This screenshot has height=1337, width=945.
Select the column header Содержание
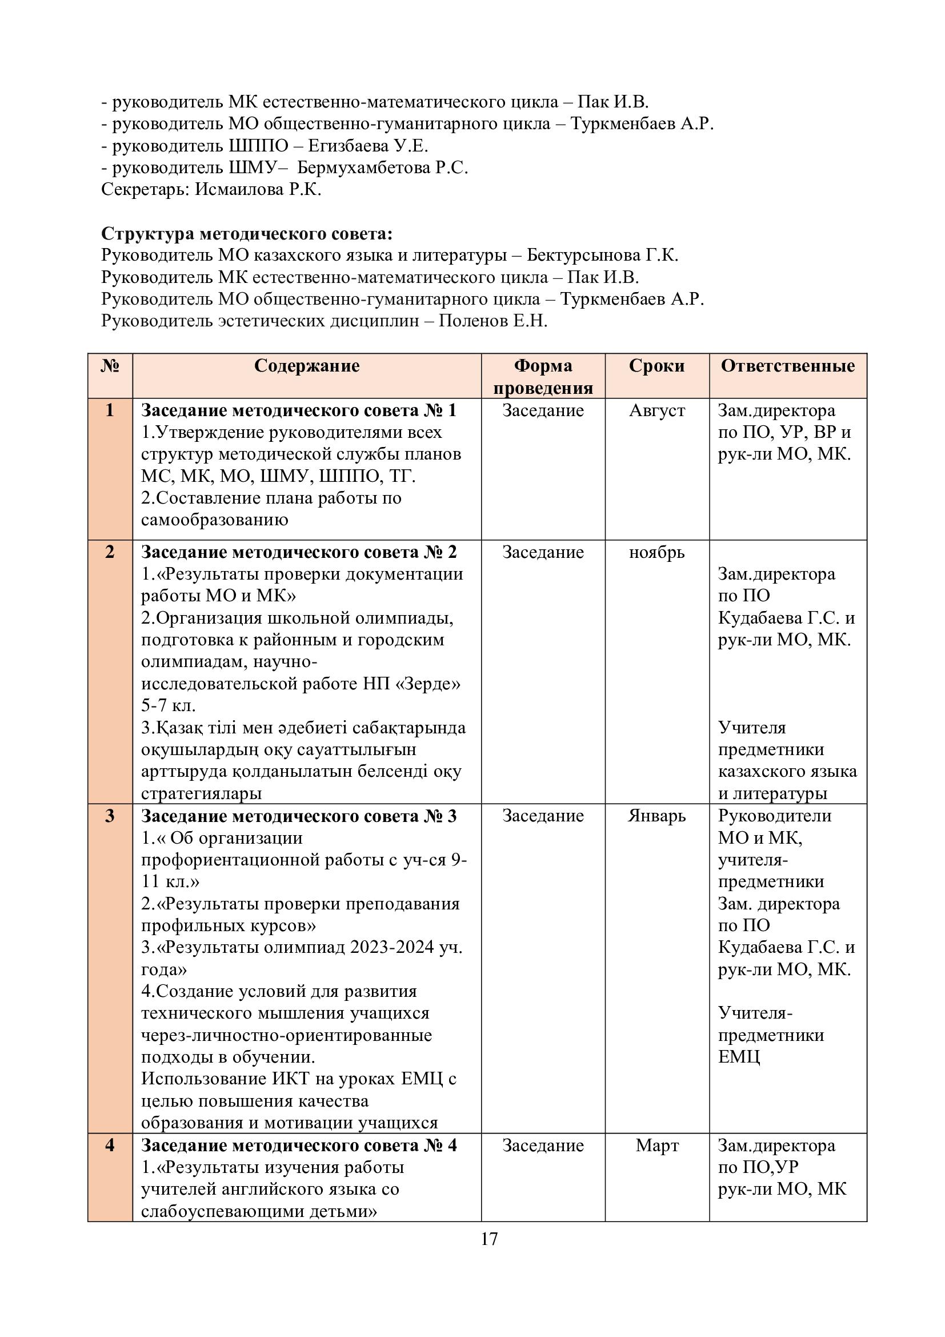307,366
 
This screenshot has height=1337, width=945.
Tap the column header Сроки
656,366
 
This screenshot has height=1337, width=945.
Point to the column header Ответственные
788,366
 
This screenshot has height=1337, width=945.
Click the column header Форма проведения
543,376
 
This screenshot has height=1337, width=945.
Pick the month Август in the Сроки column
657,410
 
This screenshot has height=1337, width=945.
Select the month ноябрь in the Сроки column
656,552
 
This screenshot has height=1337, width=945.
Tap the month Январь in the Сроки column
656,816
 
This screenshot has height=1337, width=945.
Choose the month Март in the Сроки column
657,1146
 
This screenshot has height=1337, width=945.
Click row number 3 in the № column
110,816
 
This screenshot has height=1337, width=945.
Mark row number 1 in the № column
110,410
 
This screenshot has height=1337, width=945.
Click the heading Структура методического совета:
247,234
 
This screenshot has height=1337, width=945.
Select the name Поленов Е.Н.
493,321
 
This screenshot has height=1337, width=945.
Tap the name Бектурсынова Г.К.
602,255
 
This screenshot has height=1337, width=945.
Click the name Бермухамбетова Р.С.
382,167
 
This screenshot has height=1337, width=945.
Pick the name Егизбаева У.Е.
368,146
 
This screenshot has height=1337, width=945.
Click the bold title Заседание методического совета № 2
298,552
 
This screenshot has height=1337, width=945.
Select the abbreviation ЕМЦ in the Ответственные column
739,1057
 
